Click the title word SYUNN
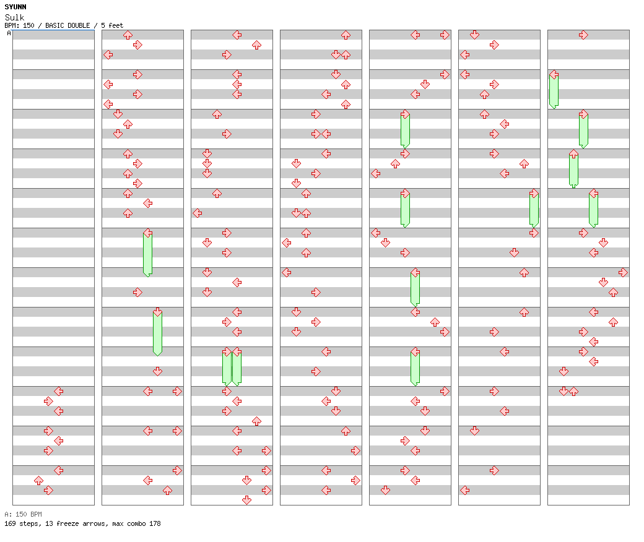(15, 7)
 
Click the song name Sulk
(14, 17)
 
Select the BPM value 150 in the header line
(28, 25)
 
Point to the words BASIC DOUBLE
(67, 25)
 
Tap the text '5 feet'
(111, 25)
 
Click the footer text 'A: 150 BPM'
(23, 514)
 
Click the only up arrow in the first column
(38, 481)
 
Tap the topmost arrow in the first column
(59, 392)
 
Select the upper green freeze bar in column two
(148, 252)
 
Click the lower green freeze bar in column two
(158, 332)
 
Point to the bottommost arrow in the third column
(247, 500)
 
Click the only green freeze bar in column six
(534, 209)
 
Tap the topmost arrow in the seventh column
(583, 35)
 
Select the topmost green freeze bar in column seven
(554, 90)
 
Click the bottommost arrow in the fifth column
(385, 490)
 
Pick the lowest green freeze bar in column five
(416, 367)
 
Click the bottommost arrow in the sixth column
(465, 490)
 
